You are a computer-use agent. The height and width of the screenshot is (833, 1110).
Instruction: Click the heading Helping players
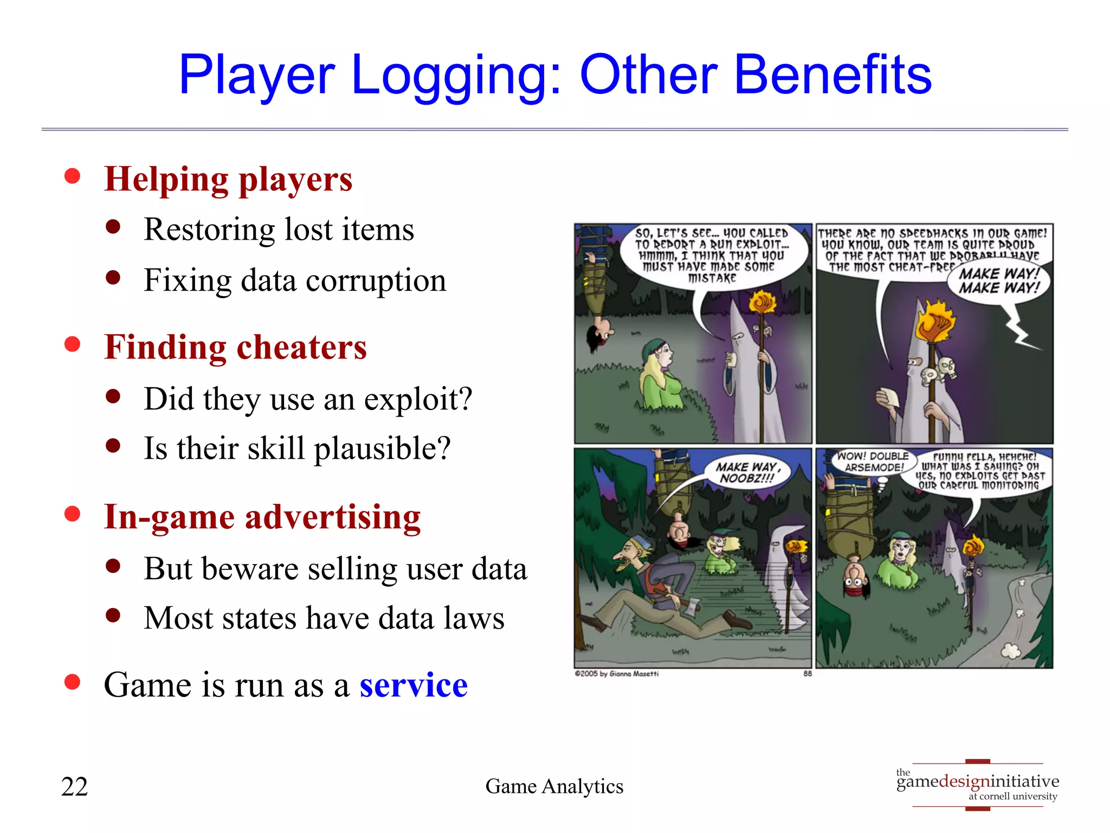tap(228, 180)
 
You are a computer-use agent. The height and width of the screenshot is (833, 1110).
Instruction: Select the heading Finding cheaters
tap(235, 347)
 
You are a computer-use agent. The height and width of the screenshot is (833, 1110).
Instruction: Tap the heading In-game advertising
tap(262, 517)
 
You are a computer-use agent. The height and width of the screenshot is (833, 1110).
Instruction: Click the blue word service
tap(413, 685)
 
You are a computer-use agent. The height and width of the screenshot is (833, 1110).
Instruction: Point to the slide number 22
tap(74, 786)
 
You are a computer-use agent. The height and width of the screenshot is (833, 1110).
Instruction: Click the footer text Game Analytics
tap(554, 786)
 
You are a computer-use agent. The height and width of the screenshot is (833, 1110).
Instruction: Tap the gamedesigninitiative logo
tap(977, 785)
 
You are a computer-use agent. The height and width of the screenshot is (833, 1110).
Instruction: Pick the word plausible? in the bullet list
tap(382, 448)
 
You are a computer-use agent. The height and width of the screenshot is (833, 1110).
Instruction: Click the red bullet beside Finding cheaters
tap(72, 344)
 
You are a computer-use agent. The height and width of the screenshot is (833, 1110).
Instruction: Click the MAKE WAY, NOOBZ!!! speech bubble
tap(747, 472)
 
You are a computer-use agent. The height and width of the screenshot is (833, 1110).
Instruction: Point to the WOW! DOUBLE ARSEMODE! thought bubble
tap(874, 462)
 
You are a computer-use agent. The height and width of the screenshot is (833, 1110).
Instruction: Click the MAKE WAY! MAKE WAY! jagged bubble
tap(999, 281)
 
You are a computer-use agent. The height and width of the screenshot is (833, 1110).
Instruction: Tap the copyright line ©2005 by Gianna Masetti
tap(616, 674)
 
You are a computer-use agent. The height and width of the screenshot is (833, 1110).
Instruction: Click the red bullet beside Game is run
tap(72, 682)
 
